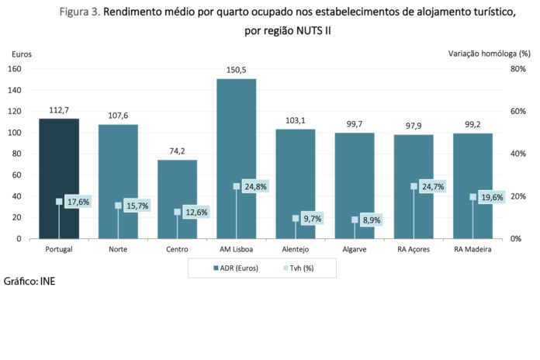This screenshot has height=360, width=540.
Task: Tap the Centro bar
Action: [x=177, y=186]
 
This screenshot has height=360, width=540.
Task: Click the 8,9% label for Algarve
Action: [x=372, y=220]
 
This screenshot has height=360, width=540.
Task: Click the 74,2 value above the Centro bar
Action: [x=177, y=151]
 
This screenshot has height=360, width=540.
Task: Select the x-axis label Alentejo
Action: [x=296, y=250]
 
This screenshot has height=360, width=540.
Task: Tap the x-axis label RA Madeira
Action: [x=472, y=250]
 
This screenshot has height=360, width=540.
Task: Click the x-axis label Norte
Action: [x=118, y=250]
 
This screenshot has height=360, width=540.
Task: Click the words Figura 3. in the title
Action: [x=79, y=12]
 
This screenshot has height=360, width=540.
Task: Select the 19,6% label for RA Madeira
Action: [x=490, y=197]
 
